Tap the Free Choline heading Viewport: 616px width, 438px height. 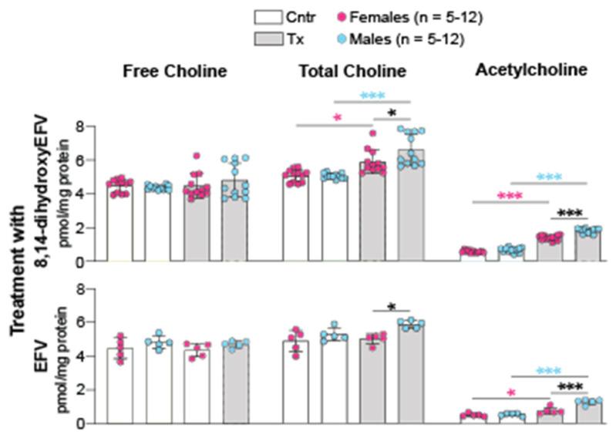coord(175,72)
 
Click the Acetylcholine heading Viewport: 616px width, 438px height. coord(532,69)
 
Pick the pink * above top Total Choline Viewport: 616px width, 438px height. coord(337,118)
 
